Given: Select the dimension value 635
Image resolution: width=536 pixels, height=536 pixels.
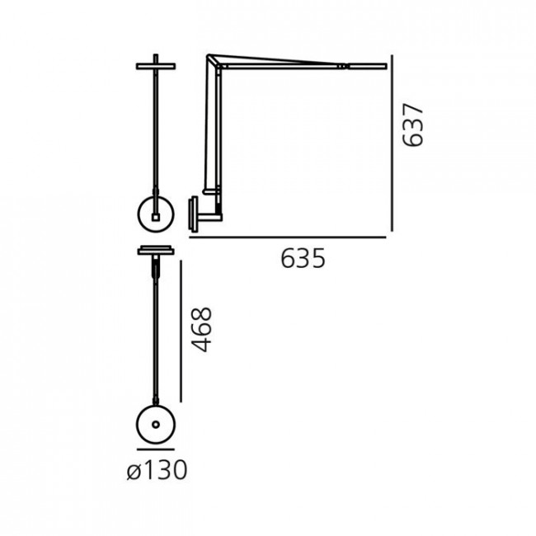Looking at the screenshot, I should click(303, 259).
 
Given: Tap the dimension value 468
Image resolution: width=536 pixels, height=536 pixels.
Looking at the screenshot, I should click(203, 329).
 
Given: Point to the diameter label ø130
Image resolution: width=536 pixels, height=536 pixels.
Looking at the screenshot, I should click(157, 471).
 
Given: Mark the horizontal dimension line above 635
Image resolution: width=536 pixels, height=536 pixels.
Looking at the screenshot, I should click(288, 237).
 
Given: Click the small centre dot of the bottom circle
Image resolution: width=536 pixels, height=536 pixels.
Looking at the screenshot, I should click(156, 425).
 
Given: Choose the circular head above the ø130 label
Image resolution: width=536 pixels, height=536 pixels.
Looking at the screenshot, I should click(156, 425).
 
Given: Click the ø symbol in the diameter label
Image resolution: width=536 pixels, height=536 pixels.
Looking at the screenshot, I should click(134, 472).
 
